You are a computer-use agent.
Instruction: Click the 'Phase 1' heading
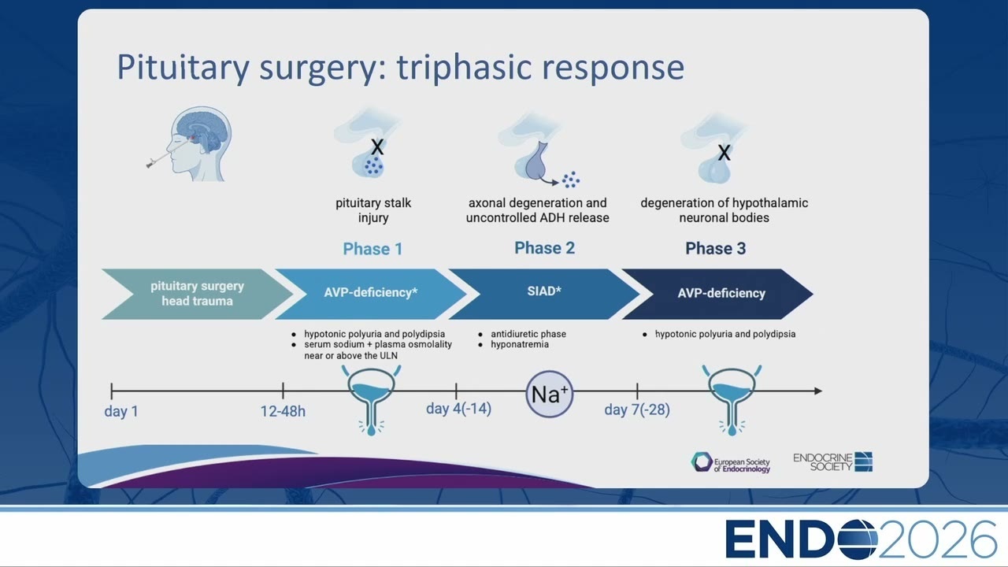372,249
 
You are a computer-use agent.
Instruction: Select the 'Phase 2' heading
544,248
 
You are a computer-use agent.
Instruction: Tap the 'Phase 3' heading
716,248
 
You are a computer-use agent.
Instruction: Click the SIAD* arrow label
544,291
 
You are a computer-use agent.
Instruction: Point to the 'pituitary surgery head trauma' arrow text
197,294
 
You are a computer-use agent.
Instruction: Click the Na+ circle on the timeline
550,395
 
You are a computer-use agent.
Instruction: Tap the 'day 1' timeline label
121,411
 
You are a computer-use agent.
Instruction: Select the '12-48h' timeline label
283,411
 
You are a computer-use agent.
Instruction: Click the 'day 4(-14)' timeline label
458,409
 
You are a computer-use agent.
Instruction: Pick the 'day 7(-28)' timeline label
637,409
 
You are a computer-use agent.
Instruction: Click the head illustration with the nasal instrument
191,144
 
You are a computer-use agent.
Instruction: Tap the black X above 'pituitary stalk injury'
377,146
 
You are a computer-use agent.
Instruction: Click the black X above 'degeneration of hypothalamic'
724,153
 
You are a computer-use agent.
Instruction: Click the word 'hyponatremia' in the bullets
520,345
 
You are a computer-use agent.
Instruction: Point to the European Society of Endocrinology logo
731,462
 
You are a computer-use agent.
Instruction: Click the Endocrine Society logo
833,462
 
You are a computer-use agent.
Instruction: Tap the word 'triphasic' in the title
464,68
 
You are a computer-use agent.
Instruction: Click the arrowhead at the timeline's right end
818,391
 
